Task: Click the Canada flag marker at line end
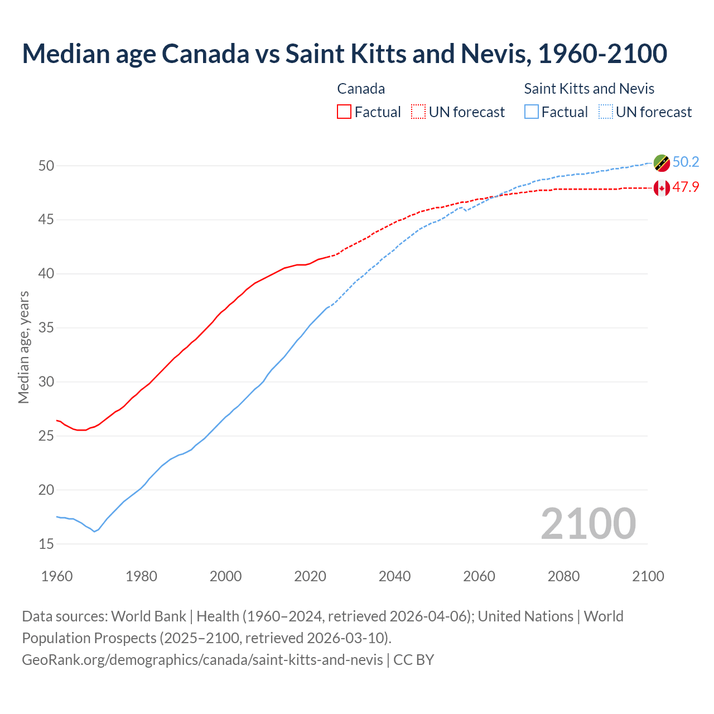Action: tap(662, 188)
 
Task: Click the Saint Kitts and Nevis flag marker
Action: tap(662, 163)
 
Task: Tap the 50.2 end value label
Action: tap(686, 162)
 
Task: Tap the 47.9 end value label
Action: tap(686, 187)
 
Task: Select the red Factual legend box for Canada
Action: tap(344, 112)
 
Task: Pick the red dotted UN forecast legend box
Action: tap(418, 112)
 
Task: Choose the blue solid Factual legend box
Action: tap(532, 112)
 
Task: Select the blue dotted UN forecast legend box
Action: tap(606, 112)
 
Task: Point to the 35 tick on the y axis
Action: tap(46, 327)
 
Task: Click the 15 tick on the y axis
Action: tap(46, 544)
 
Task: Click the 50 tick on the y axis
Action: tap(46, 166)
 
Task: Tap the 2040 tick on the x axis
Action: tap(394, 576)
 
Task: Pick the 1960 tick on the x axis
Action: tap(57, 576)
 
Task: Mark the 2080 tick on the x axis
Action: tap(563, 576)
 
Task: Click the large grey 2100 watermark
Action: tap(588, 523)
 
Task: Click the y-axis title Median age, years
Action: tap(23, 347)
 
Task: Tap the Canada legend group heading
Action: tap(361, 89)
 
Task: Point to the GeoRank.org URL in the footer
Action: tap(202, 660)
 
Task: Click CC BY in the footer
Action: tap(413, 660)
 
